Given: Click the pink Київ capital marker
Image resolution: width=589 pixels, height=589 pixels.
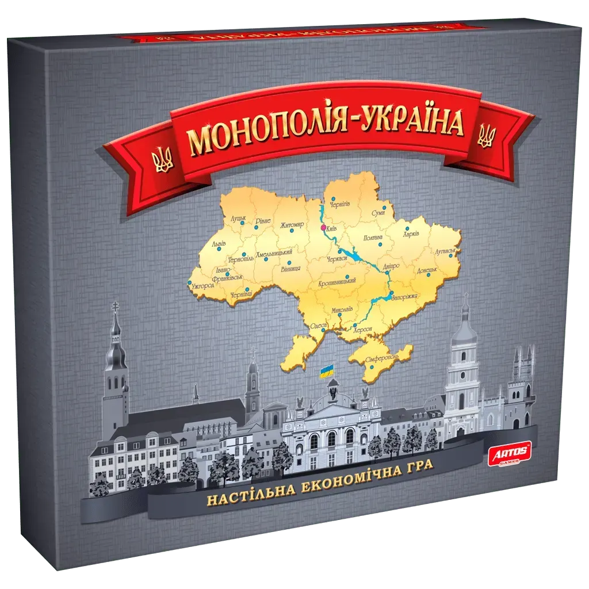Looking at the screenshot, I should pos(322,227).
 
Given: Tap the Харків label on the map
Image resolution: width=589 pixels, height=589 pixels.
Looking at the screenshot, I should pos(411,234).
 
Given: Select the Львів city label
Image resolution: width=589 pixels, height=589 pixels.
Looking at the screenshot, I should pos(219,244).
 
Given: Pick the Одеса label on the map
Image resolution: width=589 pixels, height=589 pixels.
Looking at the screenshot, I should pos(318,326).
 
